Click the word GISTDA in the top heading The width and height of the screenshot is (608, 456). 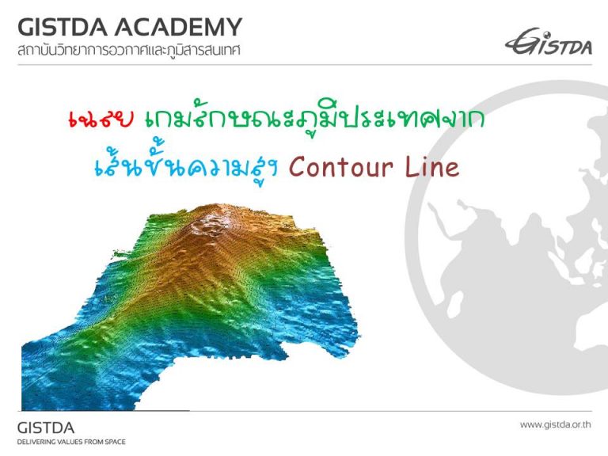[63, 27]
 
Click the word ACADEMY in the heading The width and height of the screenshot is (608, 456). [178, 27]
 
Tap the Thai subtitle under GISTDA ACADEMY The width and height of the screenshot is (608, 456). [129, 51]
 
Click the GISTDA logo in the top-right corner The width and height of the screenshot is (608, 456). [549, 41]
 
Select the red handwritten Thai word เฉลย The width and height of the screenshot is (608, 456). [101, 119]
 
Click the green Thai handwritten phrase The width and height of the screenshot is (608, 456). [315, 118]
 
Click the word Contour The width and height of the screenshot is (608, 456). [341, 167]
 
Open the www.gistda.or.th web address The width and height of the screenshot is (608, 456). [556, 424]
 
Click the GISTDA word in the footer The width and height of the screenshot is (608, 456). [46, 428]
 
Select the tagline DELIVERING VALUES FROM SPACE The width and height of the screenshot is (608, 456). [71, 442]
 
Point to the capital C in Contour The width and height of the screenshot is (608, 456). [297, 167]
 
